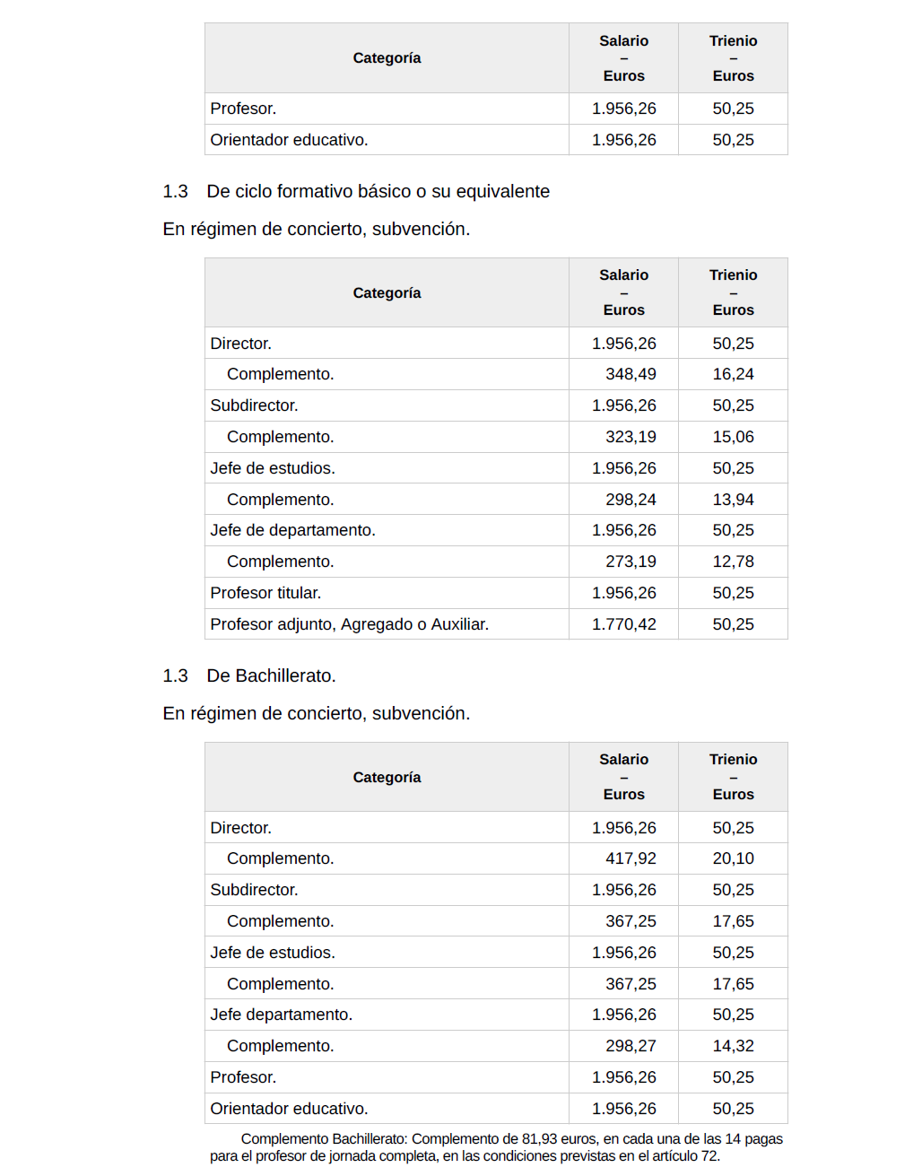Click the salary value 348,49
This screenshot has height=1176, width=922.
(631, 374)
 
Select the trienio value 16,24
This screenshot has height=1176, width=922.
(733, 374)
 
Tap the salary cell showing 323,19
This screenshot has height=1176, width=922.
(631, 437)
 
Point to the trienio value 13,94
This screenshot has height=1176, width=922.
(733, 500)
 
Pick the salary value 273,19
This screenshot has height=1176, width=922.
(631, 562)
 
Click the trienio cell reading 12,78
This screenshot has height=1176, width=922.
(733, 562)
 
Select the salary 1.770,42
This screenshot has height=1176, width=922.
(623, 624)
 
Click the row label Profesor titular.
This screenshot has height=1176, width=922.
(265, 593)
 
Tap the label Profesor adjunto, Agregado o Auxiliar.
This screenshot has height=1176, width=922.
(349, 624)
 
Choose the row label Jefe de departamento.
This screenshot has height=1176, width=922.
(292, 530)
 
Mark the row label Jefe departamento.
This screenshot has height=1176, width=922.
(281, 1015)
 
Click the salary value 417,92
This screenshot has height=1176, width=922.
(631, 858)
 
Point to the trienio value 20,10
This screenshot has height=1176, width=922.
(733, 858)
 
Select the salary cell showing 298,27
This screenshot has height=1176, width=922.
(631, 1046)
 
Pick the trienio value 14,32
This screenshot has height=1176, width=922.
(733, 1046)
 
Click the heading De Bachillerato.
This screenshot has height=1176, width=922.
(271, 675)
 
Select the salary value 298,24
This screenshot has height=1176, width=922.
(631, 500)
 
